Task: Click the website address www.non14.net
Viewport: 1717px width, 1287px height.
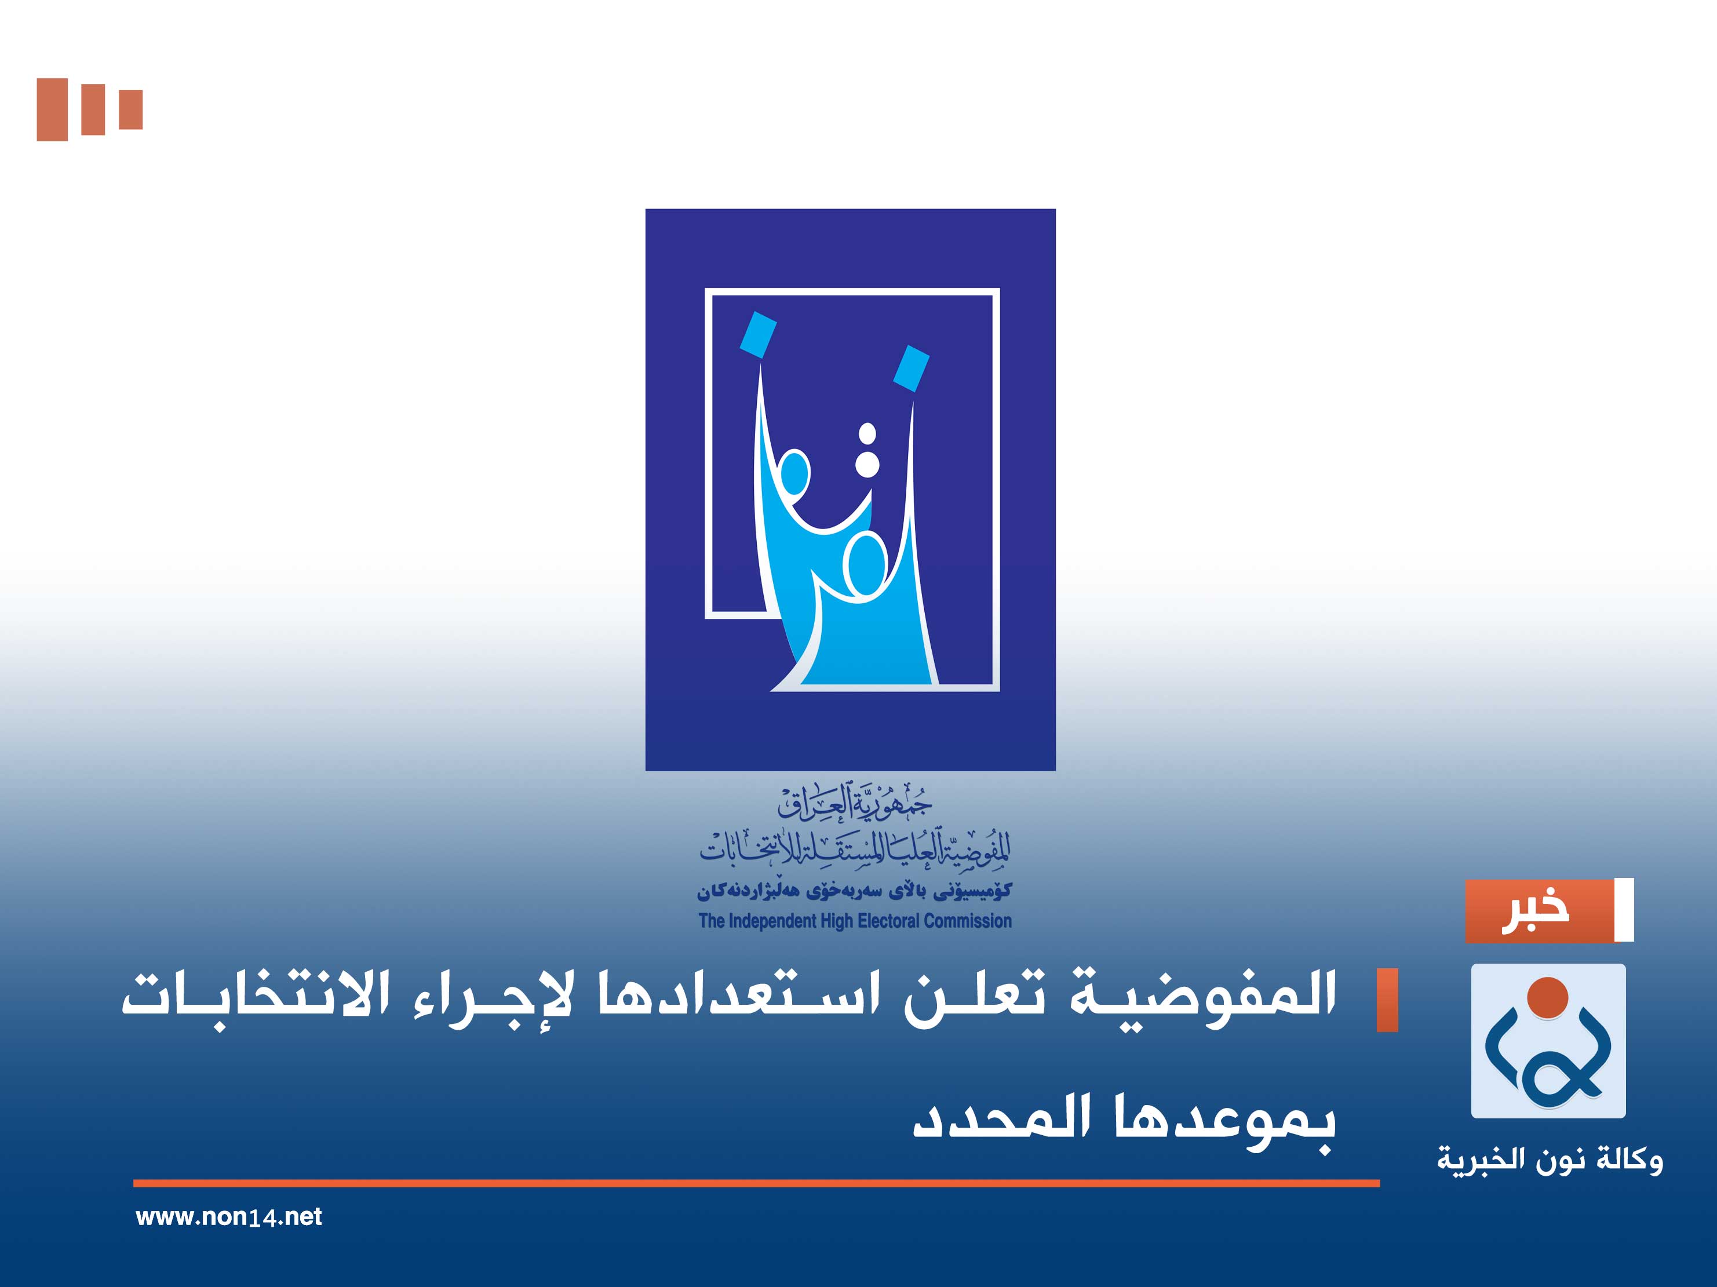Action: click(x=228, y=1216)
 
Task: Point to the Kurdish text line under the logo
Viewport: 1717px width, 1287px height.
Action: click(x=854, y=891)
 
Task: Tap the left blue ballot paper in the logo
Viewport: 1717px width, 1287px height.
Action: click(x=757, y=334)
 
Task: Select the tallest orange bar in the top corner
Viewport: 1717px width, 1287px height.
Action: click(x=52, y=110)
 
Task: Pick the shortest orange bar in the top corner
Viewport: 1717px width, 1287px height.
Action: click(x=130, y=110)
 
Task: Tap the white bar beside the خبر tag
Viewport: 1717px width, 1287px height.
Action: click(x=1623, y=910)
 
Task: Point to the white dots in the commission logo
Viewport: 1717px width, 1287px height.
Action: click(x=867, y=450)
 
